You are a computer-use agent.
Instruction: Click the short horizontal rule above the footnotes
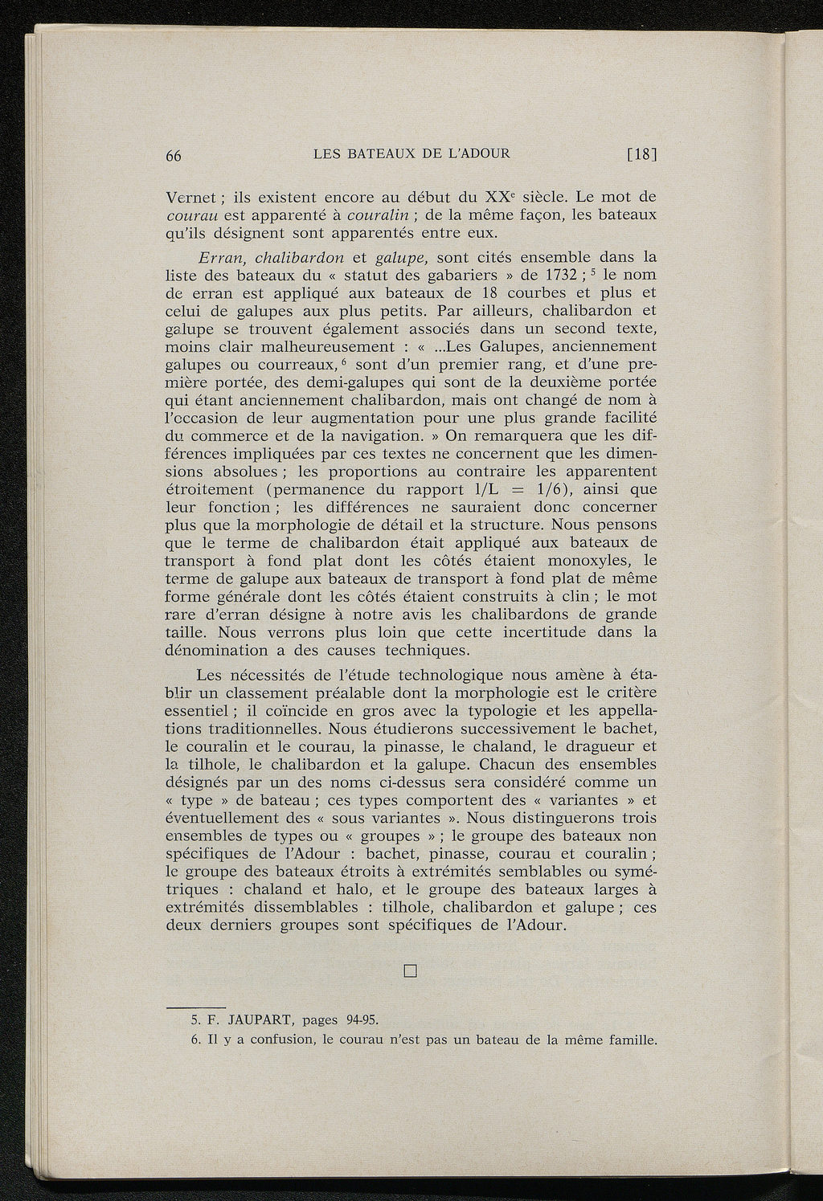[x=195, y=1005]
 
